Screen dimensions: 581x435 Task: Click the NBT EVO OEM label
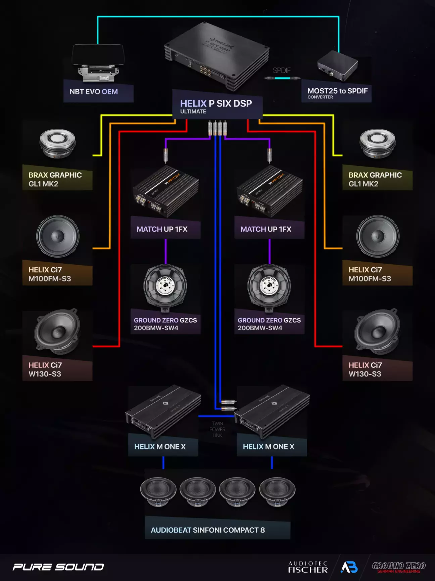point(94,92)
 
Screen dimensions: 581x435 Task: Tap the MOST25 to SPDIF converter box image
point(337,66)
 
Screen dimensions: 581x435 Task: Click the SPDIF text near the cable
point(281,71)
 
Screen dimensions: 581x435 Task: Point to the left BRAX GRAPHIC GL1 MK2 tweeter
point(57,143)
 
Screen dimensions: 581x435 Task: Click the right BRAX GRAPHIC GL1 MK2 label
point(375,179)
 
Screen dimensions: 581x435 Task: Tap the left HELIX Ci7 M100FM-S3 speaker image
point(58,236)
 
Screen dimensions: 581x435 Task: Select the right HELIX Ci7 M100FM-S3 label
point(370,274)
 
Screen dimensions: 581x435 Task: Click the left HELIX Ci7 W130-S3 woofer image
point(57,332)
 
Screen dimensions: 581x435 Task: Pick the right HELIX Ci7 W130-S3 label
point(365,369)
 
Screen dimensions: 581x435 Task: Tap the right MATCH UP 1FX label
point(266,229)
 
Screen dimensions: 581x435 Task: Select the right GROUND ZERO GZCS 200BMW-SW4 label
point(269,324)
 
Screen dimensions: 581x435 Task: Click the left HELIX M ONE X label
point(160,447)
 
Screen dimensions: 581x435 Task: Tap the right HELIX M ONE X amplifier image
point(272,412)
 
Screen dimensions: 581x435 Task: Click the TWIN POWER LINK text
point(217,430)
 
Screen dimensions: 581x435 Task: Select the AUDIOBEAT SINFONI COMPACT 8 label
point(208,530)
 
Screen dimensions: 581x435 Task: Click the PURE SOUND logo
point(58,567)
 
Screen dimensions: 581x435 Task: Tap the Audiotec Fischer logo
point(308,567)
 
